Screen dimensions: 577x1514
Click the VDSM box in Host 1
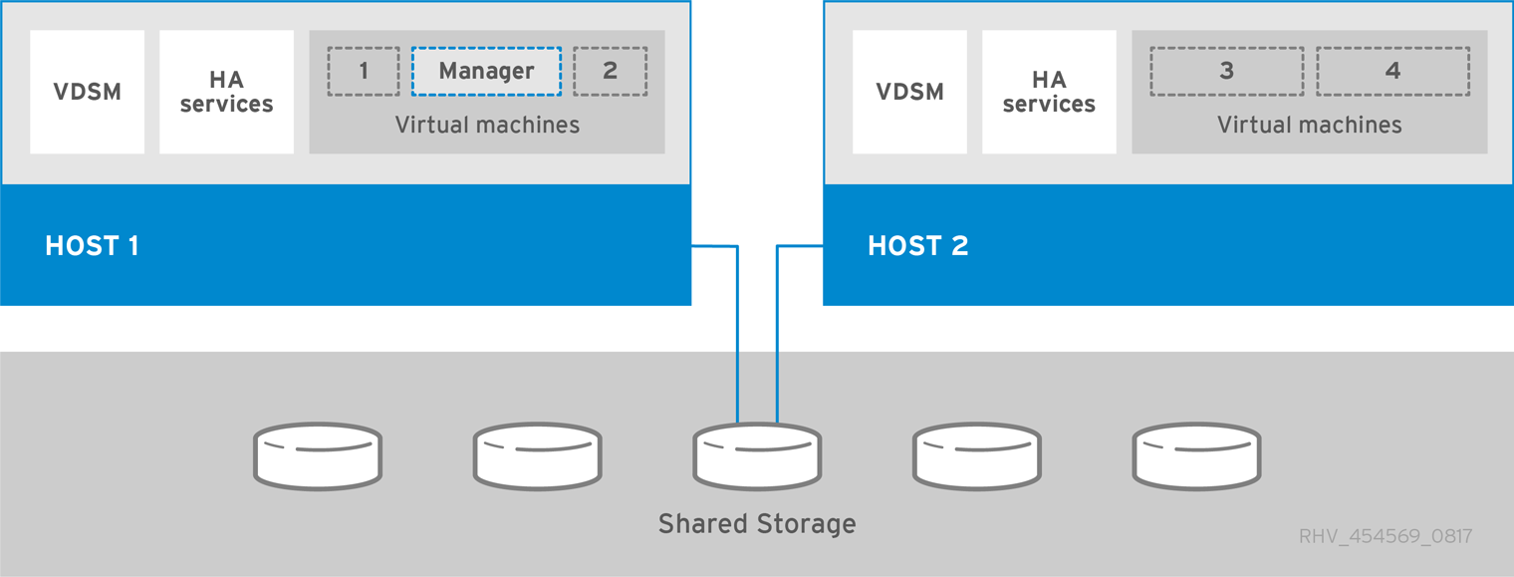87,92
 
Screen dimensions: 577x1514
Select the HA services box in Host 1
226,92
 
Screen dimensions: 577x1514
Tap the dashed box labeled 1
364,72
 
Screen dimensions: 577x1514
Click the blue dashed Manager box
486,72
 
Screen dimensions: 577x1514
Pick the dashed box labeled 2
611,72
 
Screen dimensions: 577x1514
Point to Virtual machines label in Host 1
487,126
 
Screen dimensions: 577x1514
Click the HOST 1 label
92,246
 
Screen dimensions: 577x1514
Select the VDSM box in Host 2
909,92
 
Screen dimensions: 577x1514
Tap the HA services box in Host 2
1049,92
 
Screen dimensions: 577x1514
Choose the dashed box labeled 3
1226,72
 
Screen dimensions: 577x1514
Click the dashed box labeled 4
1392,72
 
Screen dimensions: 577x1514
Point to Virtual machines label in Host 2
1310,126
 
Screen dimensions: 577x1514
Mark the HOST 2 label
917,246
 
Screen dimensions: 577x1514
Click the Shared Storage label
757,523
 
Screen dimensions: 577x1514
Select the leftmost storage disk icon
318,455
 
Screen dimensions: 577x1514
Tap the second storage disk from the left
537,455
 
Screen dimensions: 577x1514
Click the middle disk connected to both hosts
757,455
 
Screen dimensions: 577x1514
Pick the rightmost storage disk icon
1196,455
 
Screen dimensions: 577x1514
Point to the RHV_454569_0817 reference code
1385,537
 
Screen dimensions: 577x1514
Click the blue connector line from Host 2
777,329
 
